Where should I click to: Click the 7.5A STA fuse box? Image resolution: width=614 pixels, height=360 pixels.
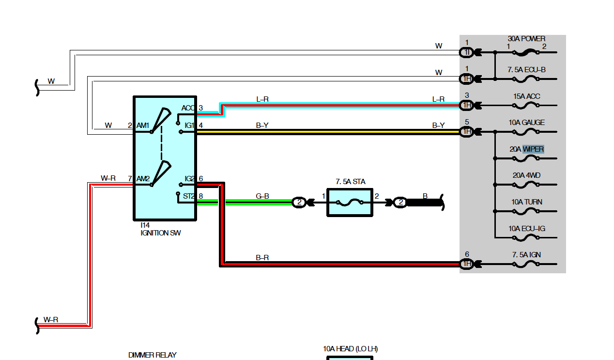[x=350, y=203]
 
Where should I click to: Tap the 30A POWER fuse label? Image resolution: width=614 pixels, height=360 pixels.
[x=526, y=39]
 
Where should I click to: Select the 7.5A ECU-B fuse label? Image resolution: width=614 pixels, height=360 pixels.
[x=526, y=70]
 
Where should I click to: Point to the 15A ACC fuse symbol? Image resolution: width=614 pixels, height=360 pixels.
[x=526, y=105]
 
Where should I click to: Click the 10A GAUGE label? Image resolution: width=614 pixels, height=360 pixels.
[x=526, y=123]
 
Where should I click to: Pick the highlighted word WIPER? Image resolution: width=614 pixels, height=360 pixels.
[x=533, y=149]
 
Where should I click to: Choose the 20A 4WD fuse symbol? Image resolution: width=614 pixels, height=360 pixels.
[x=526, y=185]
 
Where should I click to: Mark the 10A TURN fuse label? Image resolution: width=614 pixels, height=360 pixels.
[x=526, y=202]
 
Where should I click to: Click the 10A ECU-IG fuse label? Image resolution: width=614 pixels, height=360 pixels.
[x=526, y=229]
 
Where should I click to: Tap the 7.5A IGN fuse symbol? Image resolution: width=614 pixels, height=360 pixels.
[x=526, y=265]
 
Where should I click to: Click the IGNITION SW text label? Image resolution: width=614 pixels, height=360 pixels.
[x=161, y=233]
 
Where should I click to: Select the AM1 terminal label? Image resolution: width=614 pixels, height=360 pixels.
[x=142, y=125]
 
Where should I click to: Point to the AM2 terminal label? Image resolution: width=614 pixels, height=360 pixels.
[x=143, y=179]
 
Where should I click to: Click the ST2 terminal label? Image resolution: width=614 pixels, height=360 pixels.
[x=188, y=196]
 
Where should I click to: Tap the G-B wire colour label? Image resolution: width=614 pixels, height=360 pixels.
[x=262, y=196]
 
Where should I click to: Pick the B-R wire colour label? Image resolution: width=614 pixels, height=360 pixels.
[x=262, y=258]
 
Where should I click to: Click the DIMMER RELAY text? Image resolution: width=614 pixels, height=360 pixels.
[x=153, y=355]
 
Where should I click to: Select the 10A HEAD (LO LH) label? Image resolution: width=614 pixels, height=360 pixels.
[x=350, y=349]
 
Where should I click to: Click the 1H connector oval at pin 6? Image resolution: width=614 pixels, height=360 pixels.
[x=466, y=264]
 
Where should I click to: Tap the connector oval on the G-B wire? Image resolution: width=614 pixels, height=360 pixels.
[x=299, y=203]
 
